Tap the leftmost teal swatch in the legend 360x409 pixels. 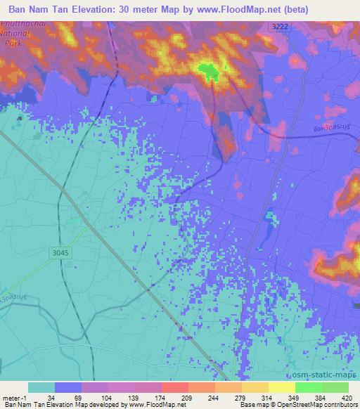41,387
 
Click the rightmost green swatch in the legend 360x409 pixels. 335,387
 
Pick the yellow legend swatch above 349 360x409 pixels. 282,387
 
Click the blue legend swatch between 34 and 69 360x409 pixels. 68,387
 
